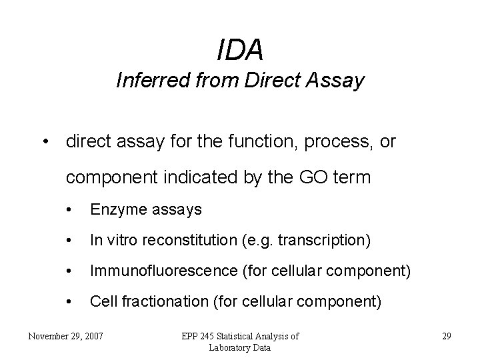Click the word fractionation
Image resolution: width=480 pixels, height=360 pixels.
(x=161, y=302)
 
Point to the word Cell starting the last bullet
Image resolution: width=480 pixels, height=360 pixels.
(x=102, y=302)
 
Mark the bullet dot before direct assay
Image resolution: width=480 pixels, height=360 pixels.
(x=43, y=143)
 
